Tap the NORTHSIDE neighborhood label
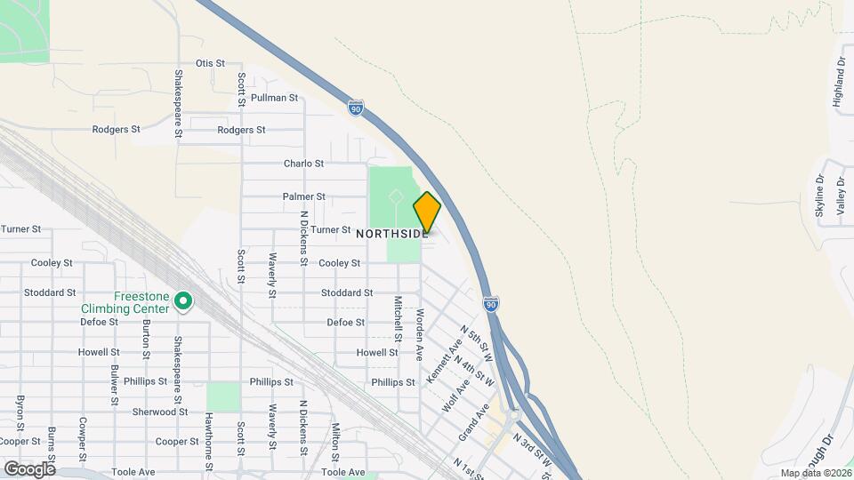pyautogui.click(x=392, y=234)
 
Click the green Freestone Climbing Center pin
pyautogui.click(x=183, y=302)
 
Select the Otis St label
pyautogui.click(x=210, y=63)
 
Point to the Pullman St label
pyautogui.click(x=274, y=98)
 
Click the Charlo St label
pyautogui.click(x=303, y=164)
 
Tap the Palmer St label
pyautogui.click(x=303, y=196)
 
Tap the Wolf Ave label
pyautogui.click(x=456, y=391)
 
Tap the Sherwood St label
pyautogui.click(x=160, y=412)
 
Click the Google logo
pyautogui.click(x=29, y=468)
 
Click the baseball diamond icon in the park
pyautogui.click(x=396, y=195)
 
